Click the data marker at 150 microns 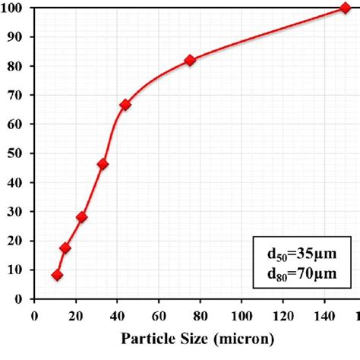(x=346, y=8)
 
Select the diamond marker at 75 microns (x=190, y=60)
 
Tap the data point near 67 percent (x=125, y=105)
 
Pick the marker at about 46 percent (x=103, y=164)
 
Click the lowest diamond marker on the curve (x=57, y=275)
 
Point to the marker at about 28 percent (x=81, y=217)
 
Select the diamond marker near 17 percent (x=65, y=248)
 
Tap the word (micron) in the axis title (x=238, y=336)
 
